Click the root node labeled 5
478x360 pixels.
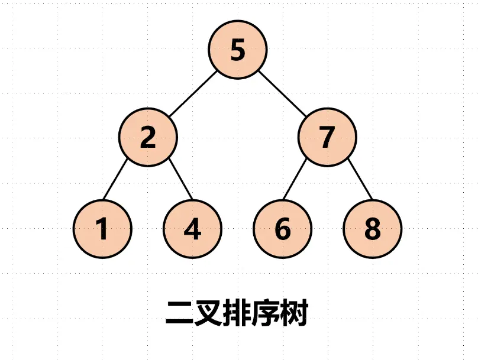[x=237, y=50]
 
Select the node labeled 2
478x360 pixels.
[x=148, y=138]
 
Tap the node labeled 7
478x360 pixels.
[x=327, y=138]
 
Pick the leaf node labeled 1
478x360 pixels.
[x=103, y=229]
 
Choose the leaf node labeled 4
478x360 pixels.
[x=193, y=229]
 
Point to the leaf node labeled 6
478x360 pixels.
[x=283, y=229]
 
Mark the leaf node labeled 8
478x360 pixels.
[x=373, y=229]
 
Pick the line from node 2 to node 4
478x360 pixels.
[x=180, y=180]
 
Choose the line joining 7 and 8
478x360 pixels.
[x=360, y=180]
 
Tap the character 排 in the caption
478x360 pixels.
[x=237, y=313]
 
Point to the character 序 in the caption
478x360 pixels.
[x=266, y=313]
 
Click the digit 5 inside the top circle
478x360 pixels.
[x=237, y=50]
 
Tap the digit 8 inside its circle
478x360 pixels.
[x=373, y=229]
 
